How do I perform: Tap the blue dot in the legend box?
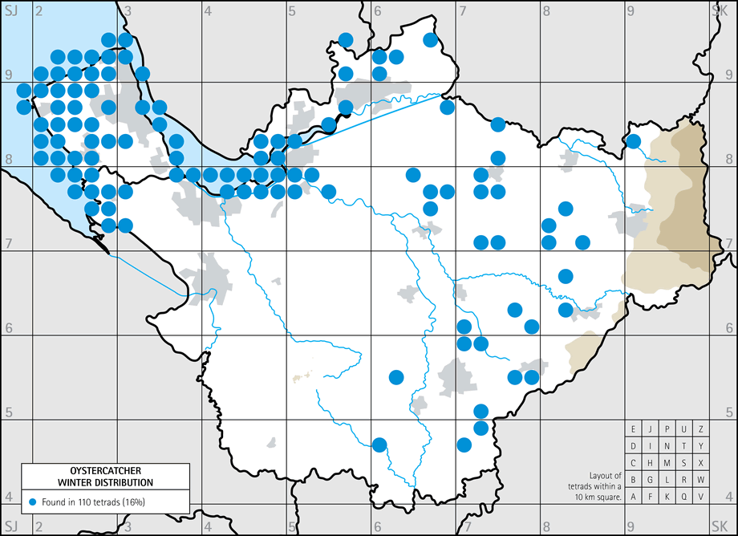coord(32,501)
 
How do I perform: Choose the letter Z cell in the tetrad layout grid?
coord(701,428)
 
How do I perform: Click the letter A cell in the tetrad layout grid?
coord(634,497)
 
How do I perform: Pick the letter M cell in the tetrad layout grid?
coord(667,463)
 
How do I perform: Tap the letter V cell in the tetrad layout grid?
coord(701,497)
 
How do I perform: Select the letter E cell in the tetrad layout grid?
coord(634,428)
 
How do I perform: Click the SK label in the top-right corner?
coord(719,10)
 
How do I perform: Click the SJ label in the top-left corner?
coord(11,10)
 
